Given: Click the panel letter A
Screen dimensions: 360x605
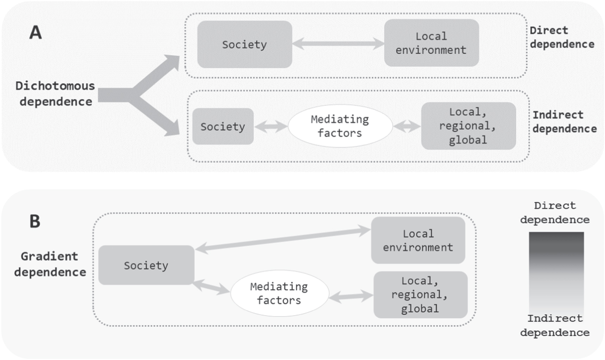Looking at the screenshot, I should pos(35,33).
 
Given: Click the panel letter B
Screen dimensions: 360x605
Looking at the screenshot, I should pos(34,222).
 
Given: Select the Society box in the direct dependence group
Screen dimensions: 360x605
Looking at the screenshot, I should pos(244,45).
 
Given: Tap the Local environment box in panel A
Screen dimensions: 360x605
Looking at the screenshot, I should pos(431,43).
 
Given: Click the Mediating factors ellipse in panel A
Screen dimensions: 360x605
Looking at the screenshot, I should pos(340,126).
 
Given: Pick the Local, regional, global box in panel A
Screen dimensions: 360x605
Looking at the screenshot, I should pos(468,126).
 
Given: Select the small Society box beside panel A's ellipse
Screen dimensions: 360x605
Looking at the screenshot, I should pos(223,127).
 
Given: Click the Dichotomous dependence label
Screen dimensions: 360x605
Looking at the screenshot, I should pos(55,94).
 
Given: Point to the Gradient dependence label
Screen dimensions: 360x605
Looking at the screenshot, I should pos(50,264).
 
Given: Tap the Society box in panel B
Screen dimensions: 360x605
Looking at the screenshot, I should pos(146,265).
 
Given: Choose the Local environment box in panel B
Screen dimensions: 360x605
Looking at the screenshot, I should pos(418,240).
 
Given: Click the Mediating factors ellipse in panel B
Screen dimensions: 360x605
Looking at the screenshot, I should pos(279,294).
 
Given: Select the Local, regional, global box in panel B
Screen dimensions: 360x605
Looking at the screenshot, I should pos(420,295).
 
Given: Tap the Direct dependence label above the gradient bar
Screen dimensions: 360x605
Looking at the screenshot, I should pos(555,213).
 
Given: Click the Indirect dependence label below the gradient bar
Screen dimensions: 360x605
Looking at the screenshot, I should pos(555,326).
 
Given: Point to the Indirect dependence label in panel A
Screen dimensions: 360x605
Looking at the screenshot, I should pos(564,122).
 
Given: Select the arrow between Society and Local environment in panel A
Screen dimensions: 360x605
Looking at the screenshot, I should pos(338,44).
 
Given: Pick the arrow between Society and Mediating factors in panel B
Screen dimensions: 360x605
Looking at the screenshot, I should pos(211,287).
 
